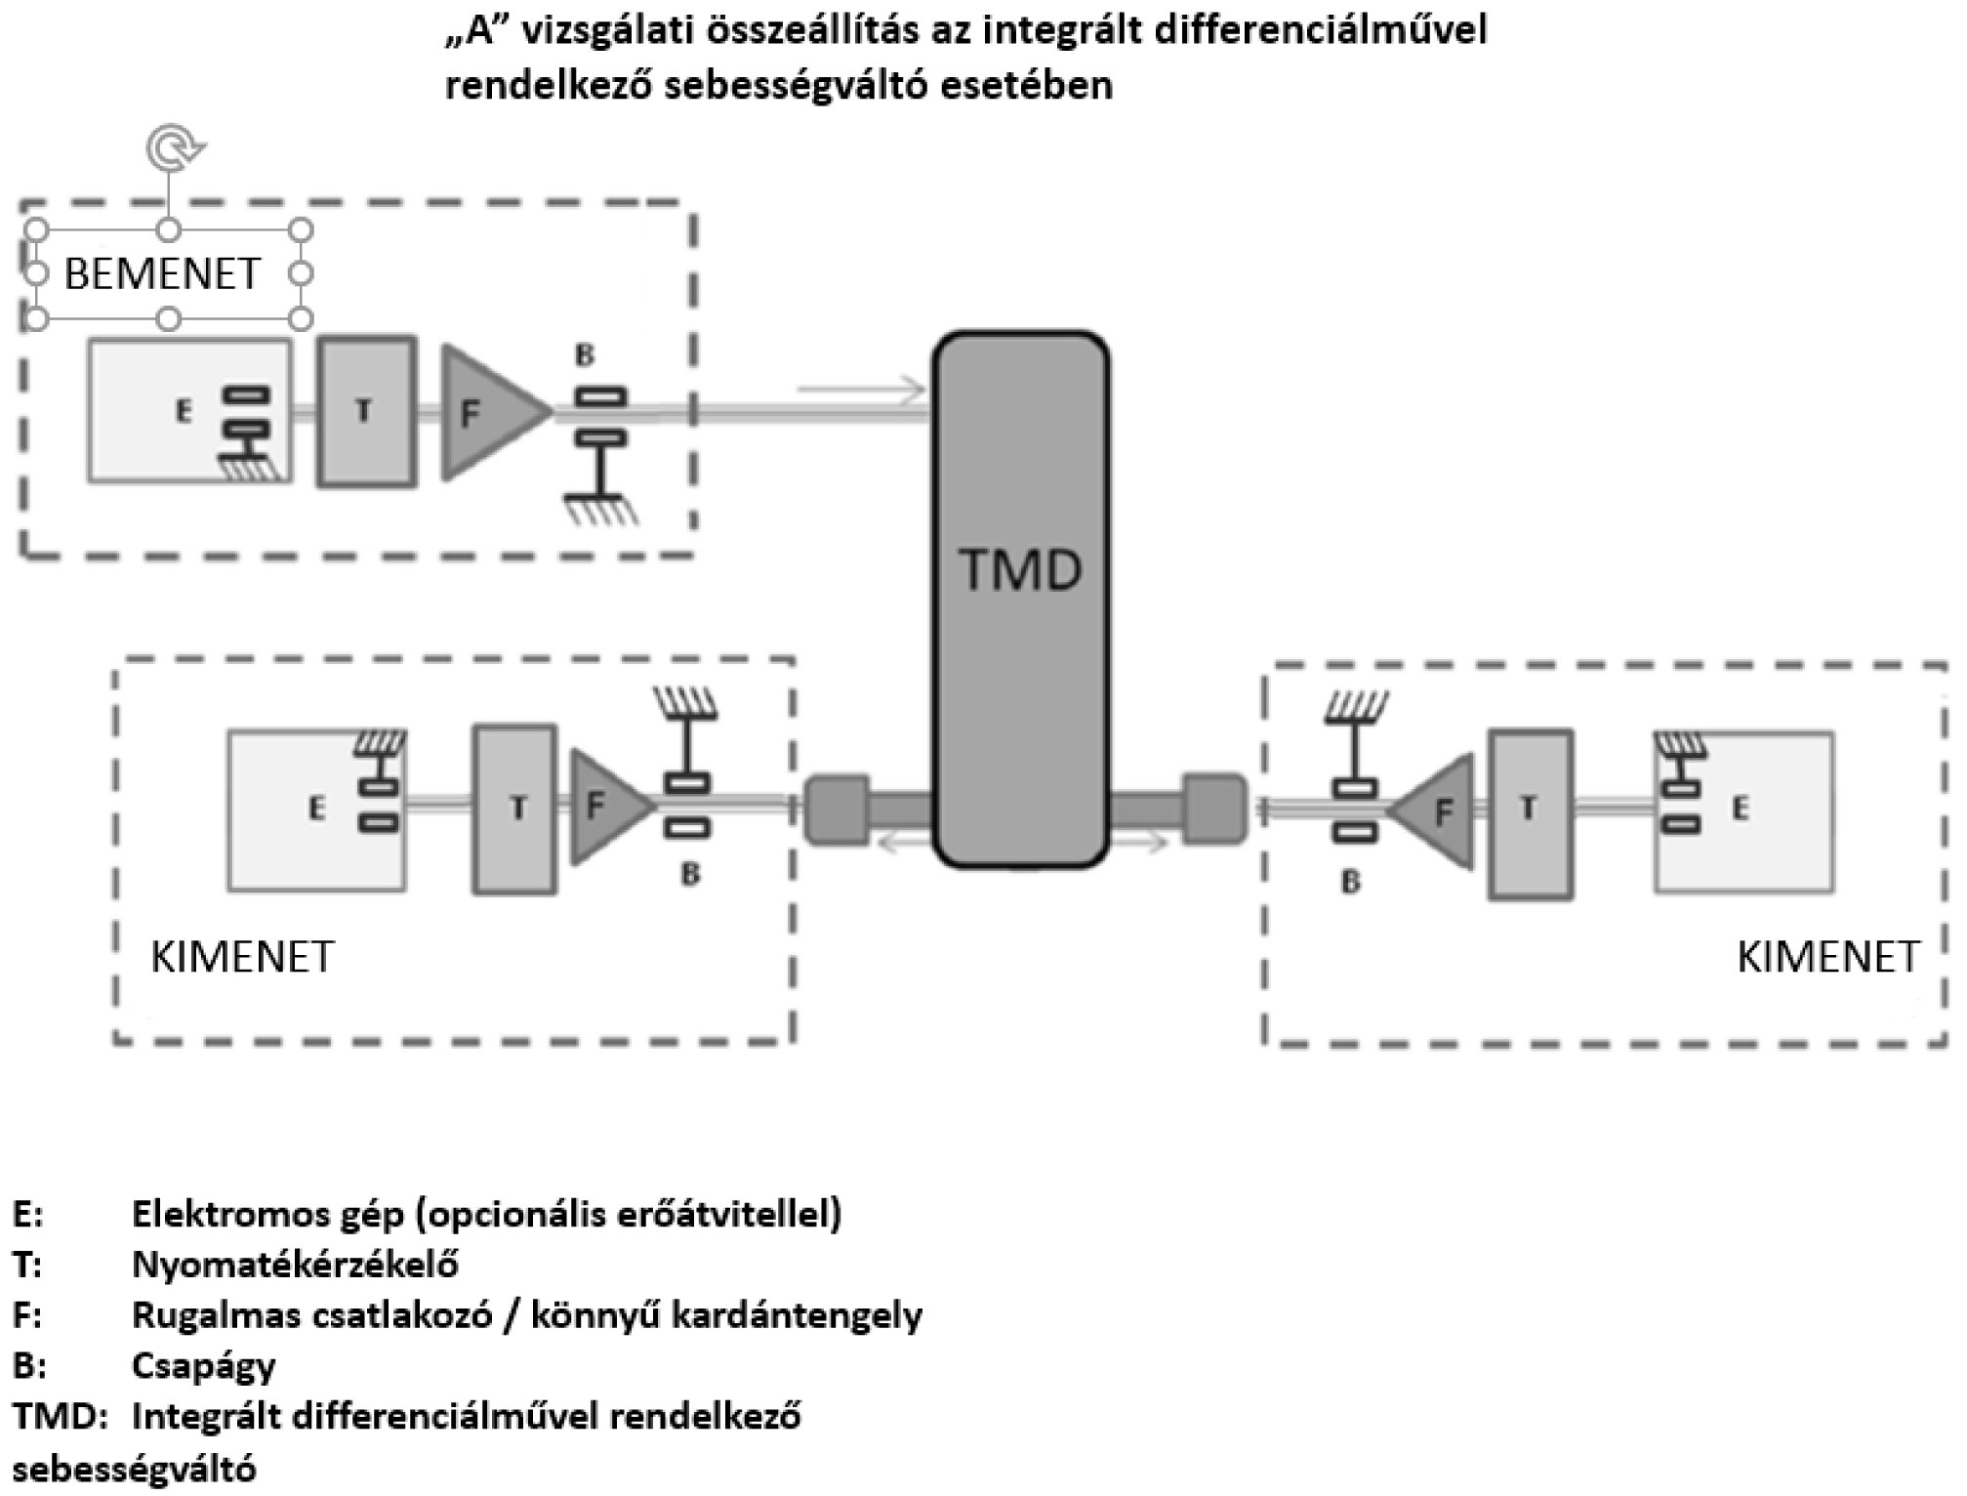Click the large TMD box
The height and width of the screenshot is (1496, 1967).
coord(1021,598)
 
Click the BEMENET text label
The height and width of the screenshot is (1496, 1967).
coord(163,274)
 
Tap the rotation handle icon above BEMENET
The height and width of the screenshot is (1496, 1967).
coord(174,147)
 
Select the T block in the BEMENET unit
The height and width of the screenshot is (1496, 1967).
coord(367,411)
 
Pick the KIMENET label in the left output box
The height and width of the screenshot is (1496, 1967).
coord(242,958)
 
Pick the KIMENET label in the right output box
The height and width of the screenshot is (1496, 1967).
coord(1828,958)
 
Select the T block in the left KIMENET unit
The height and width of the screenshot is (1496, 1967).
coord(515,809)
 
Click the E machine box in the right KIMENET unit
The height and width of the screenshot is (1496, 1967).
coord(1743,810)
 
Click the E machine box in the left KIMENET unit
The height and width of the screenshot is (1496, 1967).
coord(316,810)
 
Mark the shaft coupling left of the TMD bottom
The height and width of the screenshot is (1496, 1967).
coord(837,809)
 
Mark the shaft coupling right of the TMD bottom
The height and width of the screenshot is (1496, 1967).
coord(1213,809)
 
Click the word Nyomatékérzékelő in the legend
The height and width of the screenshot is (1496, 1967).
coord(295,1266)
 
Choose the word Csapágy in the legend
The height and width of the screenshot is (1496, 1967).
coord(204,1365)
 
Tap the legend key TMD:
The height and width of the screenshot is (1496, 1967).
coord(59,1417)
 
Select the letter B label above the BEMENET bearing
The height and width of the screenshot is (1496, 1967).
coord(585,354)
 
